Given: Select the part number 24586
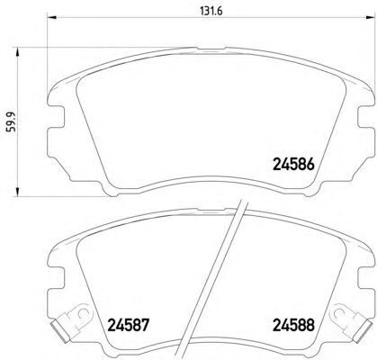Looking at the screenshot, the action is (293, 165).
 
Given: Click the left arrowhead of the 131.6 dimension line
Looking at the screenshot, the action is (52, 17).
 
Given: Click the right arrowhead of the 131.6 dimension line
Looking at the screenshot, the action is (370, 17).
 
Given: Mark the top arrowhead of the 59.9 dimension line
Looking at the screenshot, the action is (18, 52).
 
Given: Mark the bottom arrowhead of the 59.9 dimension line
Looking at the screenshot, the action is (18, 192).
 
